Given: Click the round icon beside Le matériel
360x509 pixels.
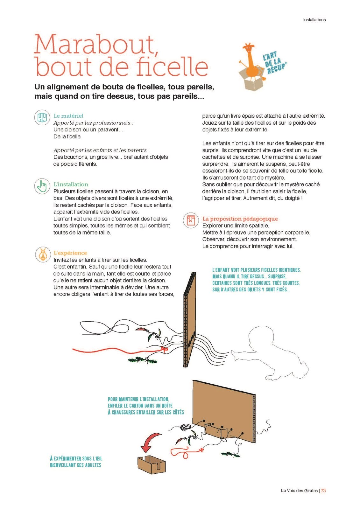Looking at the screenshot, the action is click(42, 117).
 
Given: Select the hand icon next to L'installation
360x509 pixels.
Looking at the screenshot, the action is click(42, 186).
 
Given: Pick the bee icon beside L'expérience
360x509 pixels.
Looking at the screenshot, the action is click(43, 254).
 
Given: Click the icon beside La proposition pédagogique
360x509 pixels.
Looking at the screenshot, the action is click(191, 220).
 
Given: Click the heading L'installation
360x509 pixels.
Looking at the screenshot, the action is click(71, 184).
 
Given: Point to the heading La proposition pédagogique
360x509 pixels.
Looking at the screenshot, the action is click(240, 219).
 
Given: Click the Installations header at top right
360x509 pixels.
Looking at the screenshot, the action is click(314, 20).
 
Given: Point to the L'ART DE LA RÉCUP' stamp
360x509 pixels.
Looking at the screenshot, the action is click(274, 63).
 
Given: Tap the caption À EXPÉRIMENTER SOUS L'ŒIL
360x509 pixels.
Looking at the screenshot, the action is click(76, 458).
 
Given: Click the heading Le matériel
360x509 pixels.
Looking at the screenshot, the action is click(68, 116).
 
